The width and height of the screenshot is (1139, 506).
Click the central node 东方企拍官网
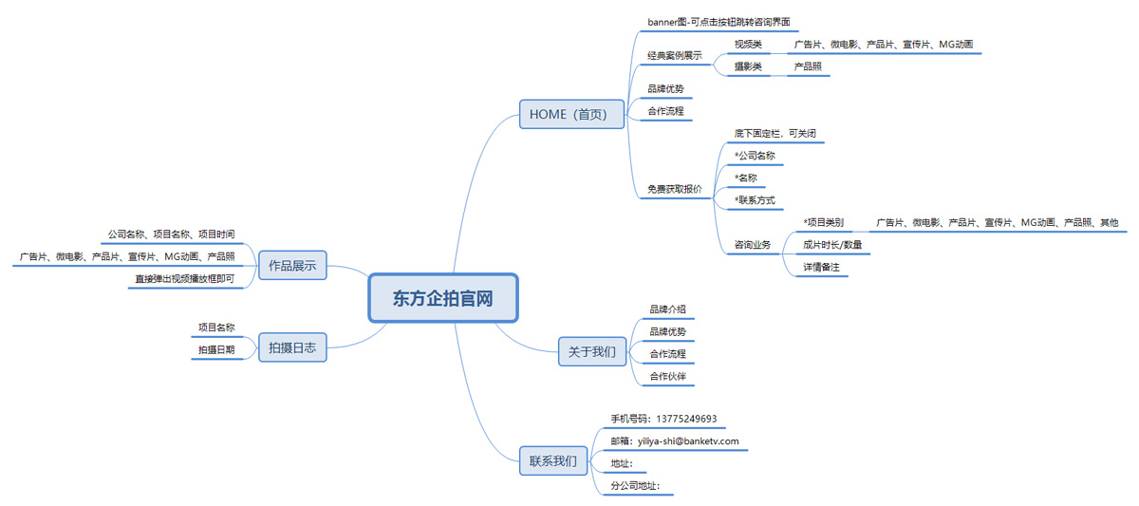pos(443,298)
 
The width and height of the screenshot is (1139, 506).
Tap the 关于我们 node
pos(591,351)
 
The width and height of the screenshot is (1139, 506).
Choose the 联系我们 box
pos(552,461)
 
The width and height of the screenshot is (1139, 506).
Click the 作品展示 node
pos(292,266)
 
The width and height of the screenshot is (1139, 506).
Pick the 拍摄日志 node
pos(292,348)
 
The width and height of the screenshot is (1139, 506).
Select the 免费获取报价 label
pos(674,189)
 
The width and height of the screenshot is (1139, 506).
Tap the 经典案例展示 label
pos(674,55)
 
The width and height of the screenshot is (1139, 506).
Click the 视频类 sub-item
pos(748,44)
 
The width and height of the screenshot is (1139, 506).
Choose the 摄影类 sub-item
pos(748,66)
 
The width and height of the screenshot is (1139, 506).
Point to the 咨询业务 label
pos(752,245)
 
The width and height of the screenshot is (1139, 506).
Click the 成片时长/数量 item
pos(831,245)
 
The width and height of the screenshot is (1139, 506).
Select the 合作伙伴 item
pos(667,377)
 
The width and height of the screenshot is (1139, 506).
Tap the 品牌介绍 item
pos(667,309)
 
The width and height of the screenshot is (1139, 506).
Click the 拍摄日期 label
pos(216,350)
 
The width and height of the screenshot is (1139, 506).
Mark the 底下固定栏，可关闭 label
pos(775,133)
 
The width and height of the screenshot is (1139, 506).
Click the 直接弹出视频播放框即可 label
pos(183,279)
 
